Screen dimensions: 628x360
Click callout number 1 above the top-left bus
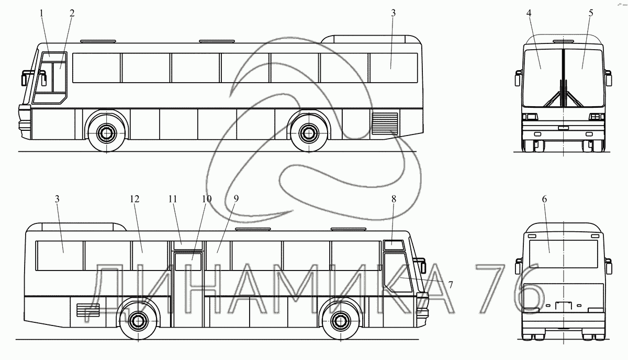point(42,13)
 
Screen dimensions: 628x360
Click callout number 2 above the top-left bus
point(72,13)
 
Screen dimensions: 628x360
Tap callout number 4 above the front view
point(529,13)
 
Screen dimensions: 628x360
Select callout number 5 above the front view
point(591,13)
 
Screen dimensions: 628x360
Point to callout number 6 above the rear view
point(545,199)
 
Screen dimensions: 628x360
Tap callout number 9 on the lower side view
point(236,199)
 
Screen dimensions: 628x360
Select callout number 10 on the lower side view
point(206,199)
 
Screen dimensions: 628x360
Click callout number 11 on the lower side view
point(173,199)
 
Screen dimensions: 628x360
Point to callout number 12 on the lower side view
point(136,199)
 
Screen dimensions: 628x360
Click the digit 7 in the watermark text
point(492,290)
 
